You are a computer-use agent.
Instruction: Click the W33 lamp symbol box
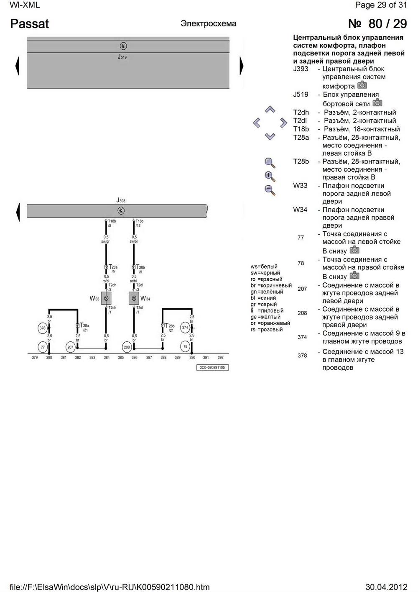pos(106,298)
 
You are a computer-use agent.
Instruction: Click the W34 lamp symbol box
pos(134,298)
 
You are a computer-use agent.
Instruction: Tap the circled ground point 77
pos(43,347)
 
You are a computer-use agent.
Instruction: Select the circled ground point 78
pos(186,346)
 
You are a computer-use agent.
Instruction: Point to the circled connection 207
pos(70,347)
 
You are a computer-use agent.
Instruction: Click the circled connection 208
pos(127,347)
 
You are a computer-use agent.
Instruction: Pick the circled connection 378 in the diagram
pos(42,328)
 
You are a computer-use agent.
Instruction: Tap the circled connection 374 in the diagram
pos(185,328)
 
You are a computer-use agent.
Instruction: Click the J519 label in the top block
pos(122,56)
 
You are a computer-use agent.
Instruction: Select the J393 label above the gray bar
pos(121,201)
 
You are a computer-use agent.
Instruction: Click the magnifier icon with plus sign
pos(270,176)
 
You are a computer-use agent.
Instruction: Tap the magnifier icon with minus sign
pos(270,190)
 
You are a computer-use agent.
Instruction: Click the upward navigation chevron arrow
pos(270,110)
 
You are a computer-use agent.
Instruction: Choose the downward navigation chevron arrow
pos(270,136)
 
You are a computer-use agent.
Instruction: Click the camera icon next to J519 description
pos(377,103)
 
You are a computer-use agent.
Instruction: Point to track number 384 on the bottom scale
pos(107,358)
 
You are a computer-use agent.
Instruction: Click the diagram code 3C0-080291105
pos(212,368)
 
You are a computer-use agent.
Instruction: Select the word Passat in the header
pos(29,24)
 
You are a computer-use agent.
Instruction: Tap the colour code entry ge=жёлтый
pos(265,317)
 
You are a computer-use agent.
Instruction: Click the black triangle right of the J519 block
pos(242,66)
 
